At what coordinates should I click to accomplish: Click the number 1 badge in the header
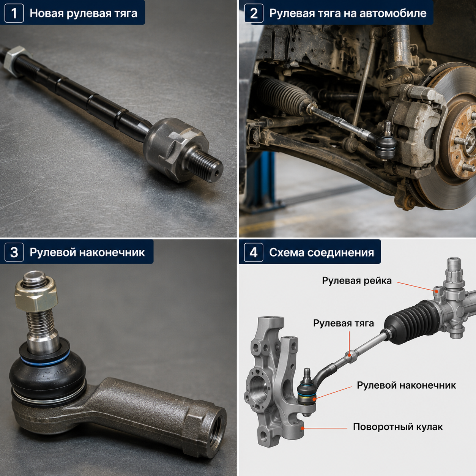click(14, 13)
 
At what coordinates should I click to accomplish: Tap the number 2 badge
click(254, 13)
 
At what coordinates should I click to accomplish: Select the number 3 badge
click(14, 252)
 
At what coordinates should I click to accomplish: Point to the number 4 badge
click(254, 252)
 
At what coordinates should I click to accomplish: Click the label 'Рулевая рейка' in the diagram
click(357, 281)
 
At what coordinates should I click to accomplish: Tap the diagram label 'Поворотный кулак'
click(398, 427)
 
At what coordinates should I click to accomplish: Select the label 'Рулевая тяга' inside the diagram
click(344, 323)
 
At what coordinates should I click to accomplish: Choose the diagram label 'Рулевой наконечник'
click(406, 385)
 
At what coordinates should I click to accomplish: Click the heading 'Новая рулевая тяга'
click(83, 13)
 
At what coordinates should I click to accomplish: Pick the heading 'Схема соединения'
click(322, 252)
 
